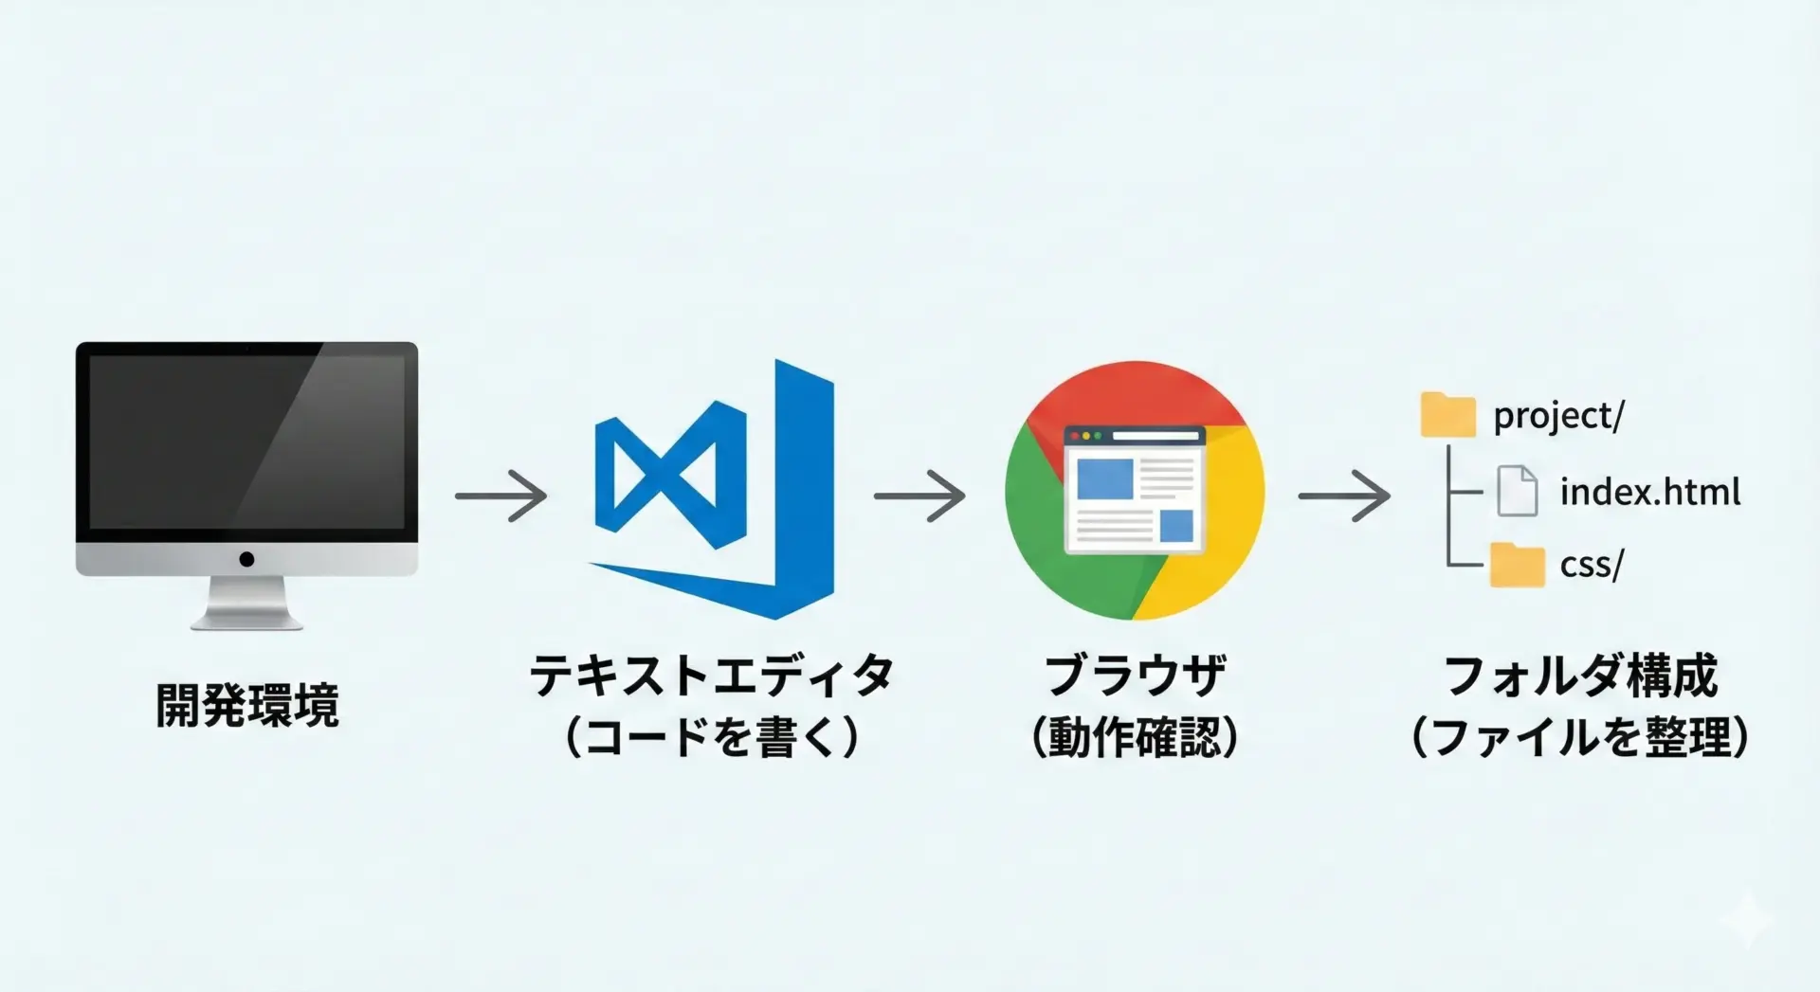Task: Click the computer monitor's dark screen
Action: [x=246, y=442]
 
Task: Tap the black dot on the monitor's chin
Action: [x=246, y=559]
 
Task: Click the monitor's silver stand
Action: [x=246, y=604]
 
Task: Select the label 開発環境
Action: [x=247, y=705]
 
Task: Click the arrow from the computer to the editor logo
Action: [x=500, y=496]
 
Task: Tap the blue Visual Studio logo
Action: [x=713, y=489]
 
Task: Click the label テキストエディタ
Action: [x=712, y=676]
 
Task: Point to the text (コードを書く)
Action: [x=712, y=736]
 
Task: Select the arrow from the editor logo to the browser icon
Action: [x=919, y=496]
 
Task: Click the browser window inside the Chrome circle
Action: [x=1135, y=489]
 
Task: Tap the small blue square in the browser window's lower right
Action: [x=1176, y=525]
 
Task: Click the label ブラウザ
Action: [x=1135, y=676]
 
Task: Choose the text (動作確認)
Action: [x=1135, y=736]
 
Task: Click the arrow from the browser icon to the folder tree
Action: [x=1344, y=496]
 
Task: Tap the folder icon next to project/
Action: [x=1447, y=415]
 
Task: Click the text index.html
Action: [x=1650, y=492]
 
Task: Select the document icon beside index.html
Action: [x=1518, y=491]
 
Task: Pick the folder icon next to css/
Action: [x=1517, y=565]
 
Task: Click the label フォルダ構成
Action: [x=1580, y=676]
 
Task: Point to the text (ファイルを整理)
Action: [x=1580, y=736]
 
